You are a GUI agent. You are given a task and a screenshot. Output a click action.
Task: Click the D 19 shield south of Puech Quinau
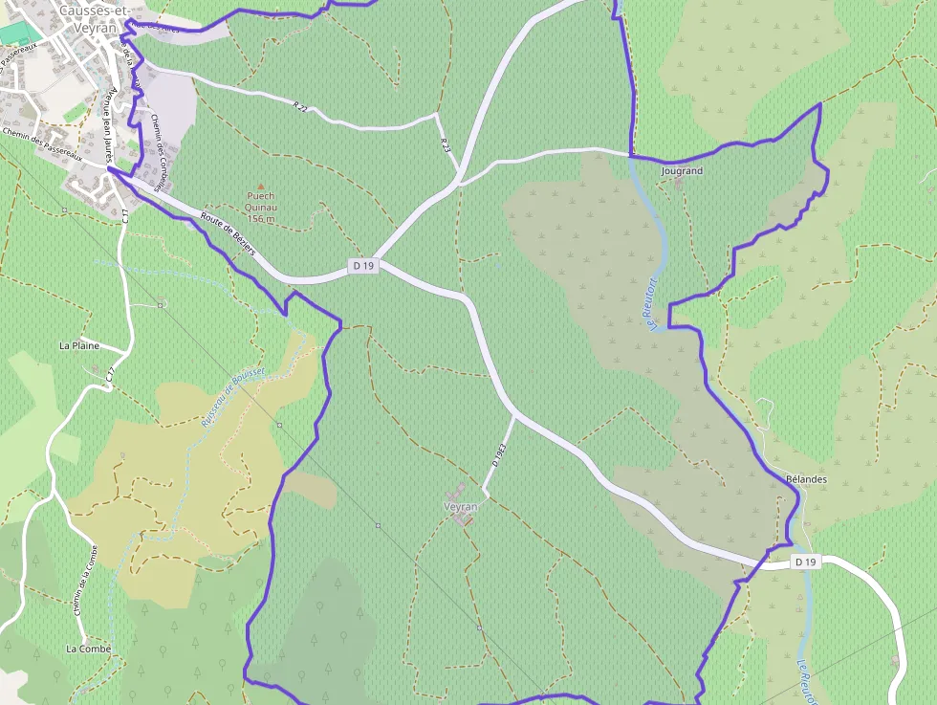click(x=363, y=266)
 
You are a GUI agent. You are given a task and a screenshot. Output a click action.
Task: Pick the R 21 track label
click(x=302, y=105)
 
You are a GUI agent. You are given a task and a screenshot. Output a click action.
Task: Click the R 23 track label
click(x=446, y=143)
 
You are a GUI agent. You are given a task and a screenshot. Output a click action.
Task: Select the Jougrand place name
click(x=682, y=171)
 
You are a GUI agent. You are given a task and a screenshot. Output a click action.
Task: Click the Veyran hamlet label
click(x=460, y=506)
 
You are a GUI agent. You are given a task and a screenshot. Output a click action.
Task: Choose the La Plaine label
click(x=79, y=345)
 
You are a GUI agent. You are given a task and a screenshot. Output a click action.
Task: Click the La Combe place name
click(x=88, y=649)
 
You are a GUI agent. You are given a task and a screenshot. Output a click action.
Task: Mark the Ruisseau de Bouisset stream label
click(x=233, y=395)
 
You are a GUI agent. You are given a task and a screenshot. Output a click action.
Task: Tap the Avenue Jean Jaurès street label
click(x=109, y=124)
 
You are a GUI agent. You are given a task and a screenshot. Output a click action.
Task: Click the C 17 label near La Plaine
click(x=111, y=377)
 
